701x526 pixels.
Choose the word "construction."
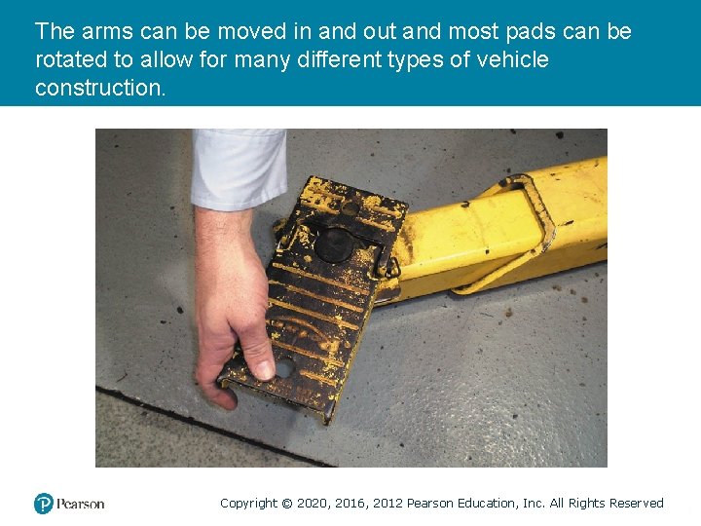[x=100, y=88]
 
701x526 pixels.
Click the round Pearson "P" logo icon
[x=44, y=504]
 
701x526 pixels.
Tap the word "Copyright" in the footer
[x=248, y=504]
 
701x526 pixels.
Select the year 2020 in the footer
[x=312, y=504]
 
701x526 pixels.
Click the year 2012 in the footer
[x=386, y=504]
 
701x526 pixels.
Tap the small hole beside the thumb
[x=285, y=368]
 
